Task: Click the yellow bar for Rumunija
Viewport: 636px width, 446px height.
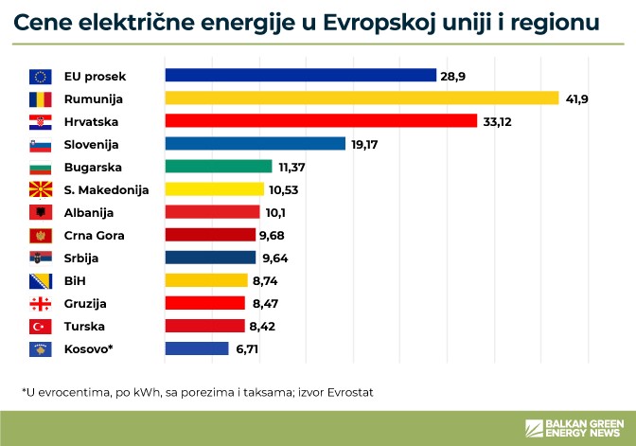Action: coord(362,98)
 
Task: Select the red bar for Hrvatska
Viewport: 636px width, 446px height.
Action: coord(320,121)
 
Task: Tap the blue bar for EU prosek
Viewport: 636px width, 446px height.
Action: coord(300,76)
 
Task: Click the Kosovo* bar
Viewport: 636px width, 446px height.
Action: coord(197,348)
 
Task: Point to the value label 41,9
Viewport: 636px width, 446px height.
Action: coord(577,98)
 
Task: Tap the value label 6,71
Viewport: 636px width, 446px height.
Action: coord(247,348)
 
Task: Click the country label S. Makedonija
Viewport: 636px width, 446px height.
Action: coord(106,189)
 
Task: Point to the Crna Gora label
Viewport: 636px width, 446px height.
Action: coord(95,235)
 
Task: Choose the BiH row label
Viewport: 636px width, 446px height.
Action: coord(75,280)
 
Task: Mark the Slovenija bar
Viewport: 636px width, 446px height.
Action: coord(255,144)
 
